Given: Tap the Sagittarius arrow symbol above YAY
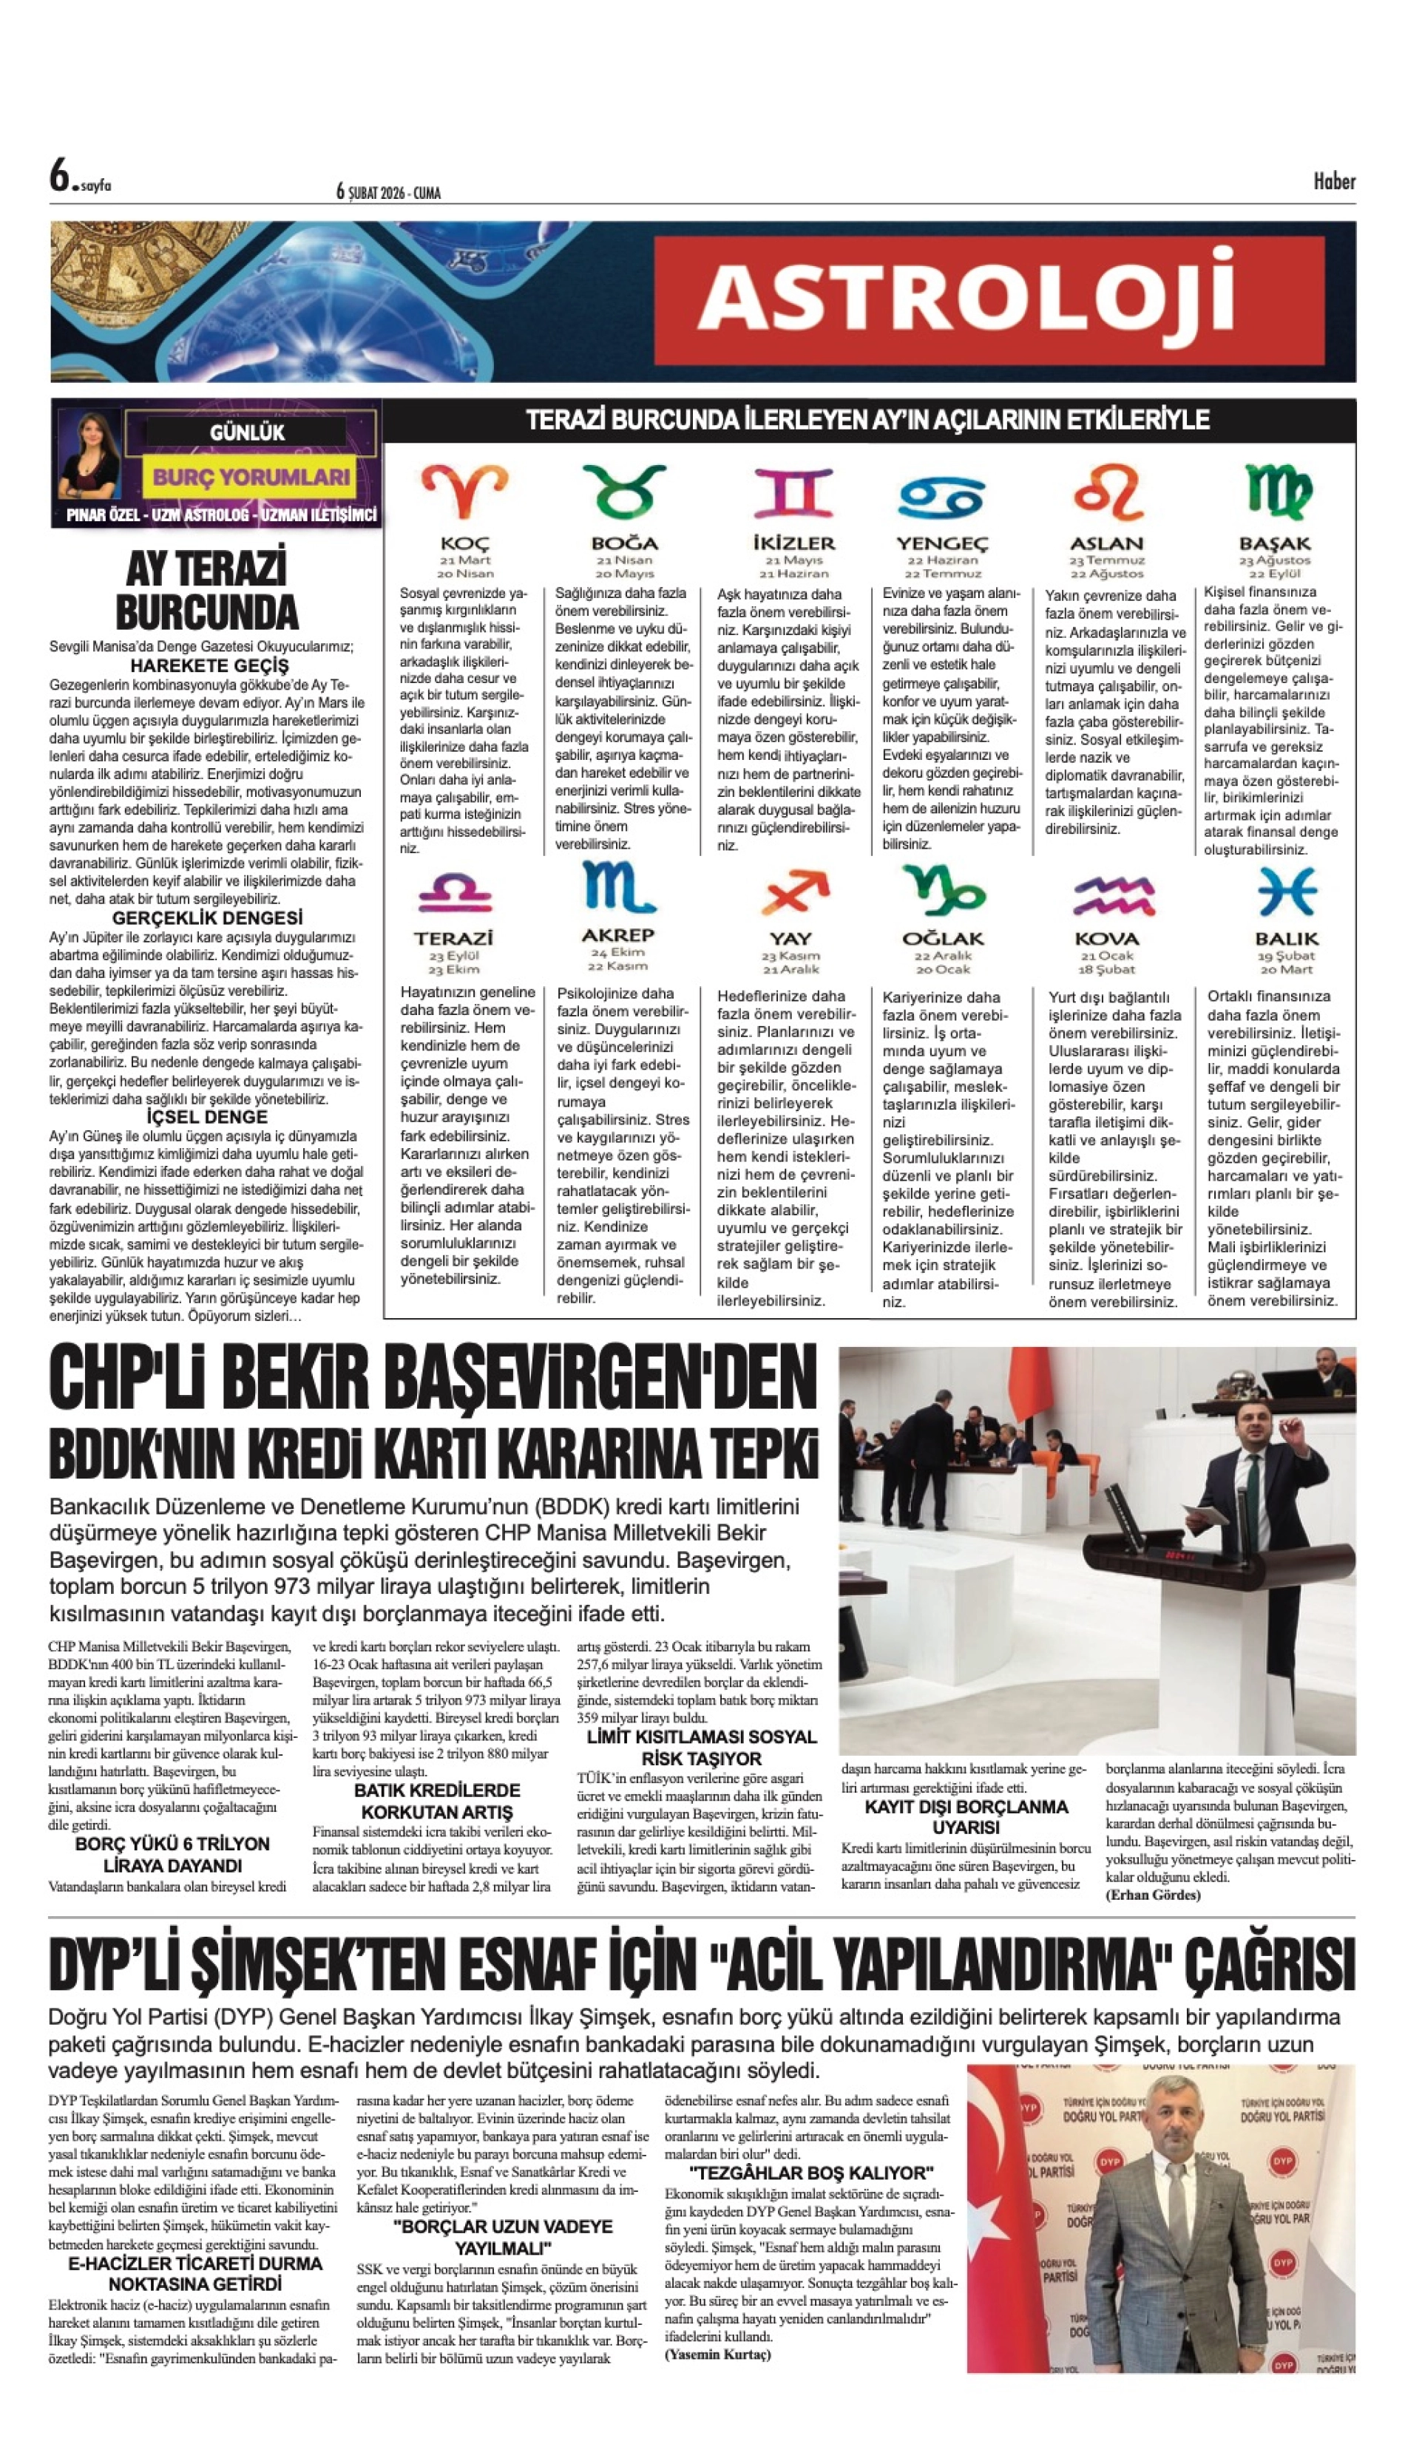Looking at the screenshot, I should coord(793,892).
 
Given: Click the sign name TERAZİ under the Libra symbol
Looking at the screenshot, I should coord(453,937).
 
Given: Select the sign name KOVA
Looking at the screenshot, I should coord(1106,939).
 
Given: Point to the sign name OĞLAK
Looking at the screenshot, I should coord(942,939).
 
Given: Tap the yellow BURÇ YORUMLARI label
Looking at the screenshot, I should coord(251,477).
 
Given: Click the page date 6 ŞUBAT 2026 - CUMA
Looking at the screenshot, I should coord(389,193).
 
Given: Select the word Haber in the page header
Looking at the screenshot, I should coord(1333,181).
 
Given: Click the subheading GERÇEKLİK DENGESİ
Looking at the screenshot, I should coord(208,917).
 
